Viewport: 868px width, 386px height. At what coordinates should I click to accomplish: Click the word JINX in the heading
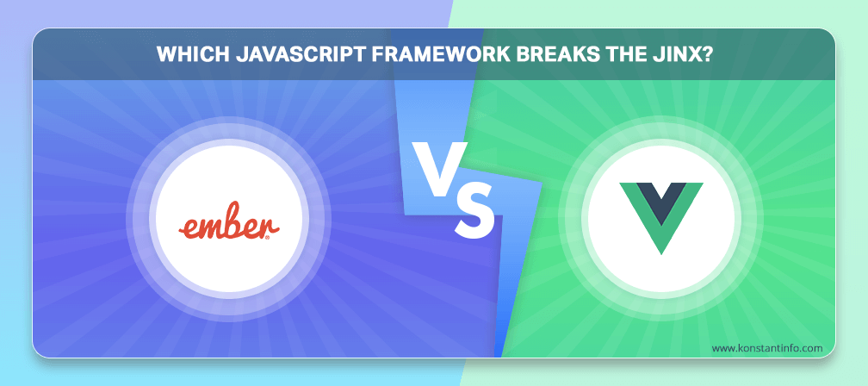(674, 55)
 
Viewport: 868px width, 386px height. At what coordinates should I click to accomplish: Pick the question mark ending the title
(705, 55)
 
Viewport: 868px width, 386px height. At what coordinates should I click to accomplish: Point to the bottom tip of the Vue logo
(661, 254)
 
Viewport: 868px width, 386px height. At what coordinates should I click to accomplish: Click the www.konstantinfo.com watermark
(766, 348)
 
